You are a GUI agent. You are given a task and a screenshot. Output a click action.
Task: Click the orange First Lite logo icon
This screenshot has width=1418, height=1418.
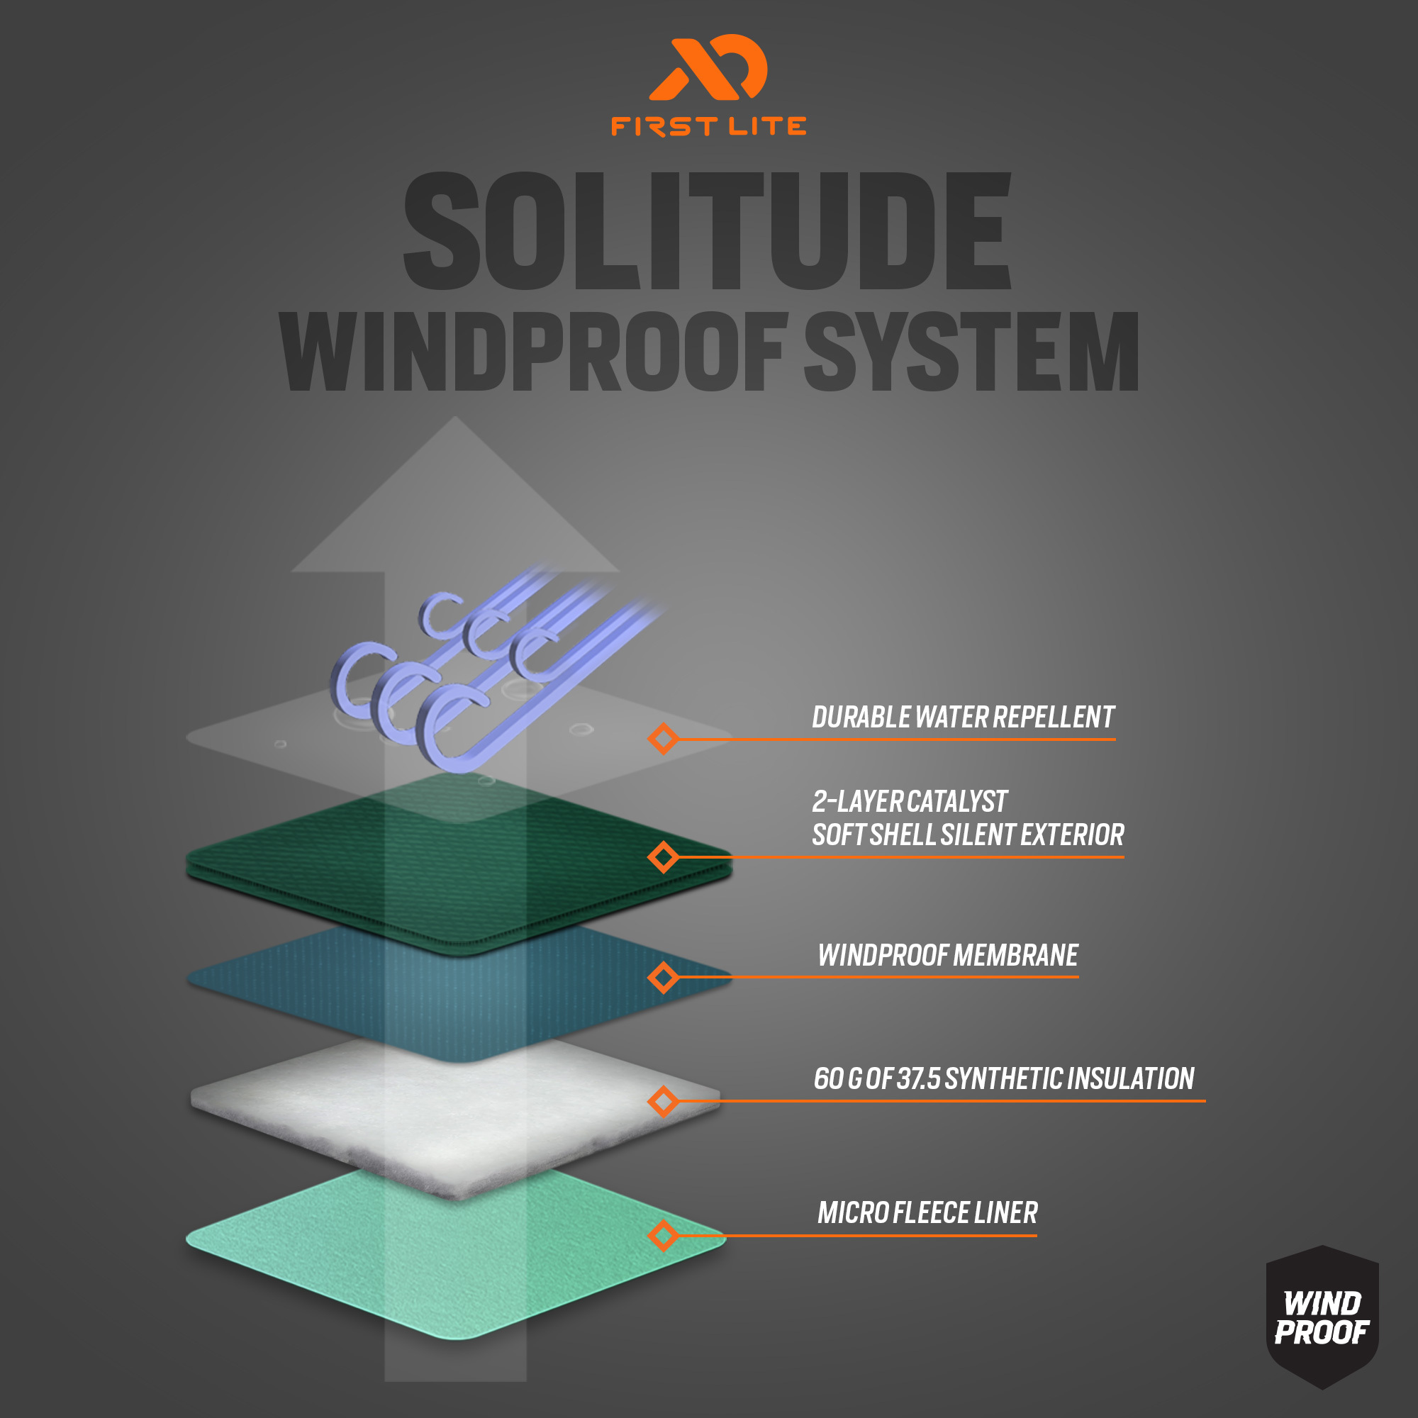click(708, 67)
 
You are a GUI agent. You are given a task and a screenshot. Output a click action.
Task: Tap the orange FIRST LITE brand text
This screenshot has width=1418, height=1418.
click(708, 126)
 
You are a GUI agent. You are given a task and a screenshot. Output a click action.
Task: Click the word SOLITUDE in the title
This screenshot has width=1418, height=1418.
click(708, 230)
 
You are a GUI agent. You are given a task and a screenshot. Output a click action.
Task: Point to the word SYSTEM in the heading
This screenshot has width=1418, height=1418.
click(972, 351)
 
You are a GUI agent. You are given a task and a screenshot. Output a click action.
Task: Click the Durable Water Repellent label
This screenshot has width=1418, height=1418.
click(963, 717)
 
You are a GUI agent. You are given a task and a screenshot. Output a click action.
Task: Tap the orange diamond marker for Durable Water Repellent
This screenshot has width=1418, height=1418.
click(664, 738)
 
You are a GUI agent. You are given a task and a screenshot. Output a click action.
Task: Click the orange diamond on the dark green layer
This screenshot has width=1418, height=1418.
click(664, 856)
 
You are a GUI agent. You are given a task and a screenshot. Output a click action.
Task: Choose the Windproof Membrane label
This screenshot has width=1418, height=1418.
click(948, 956)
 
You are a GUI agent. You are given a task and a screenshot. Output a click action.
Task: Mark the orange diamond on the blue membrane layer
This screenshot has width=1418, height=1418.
click(664, 977)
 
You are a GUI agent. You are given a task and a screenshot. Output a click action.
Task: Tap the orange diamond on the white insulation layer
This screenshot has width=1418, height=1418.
click(664, 1101)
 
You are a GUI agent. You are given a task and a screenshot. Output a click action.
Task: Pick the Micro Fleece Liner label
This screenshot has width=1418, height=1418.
click(927, 1213)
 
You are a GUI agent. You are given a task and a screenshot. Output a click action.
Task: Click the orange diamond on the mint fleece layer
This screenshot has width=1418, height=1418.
click(664, 1235)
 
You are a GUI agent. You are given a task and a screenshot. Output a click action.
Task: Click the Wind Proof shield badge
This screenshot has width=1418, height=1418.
click(1322, 1317)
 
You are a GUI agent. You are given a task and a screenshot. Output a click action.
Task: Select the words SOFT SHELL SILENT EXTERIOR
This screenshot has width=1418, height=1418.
click(968, 835)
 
